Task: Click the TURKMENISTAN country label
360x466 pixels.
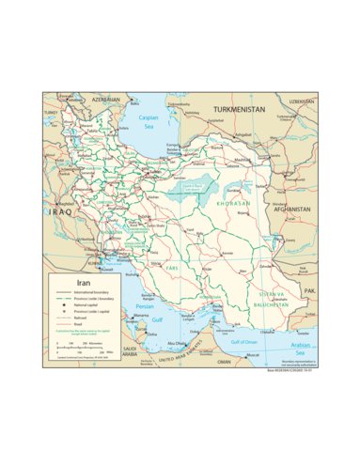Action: point(239,109)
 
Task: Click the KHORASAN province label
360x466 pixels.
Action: point(232,203)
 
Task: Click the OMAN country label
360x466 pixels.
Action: point(223,361)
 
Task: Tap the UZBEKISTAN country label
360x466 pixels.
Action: point(301,100)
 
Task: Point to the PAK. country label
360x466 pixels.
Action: point(308,290)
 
